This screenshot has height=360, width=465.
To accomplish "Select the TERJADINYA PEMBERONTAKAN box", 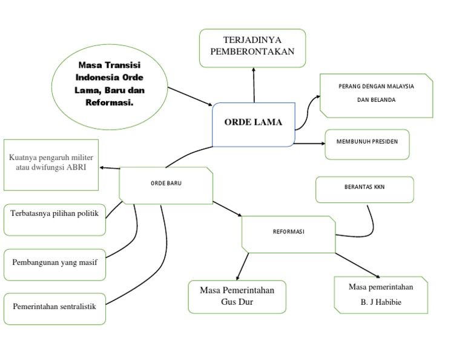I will pos(252,47).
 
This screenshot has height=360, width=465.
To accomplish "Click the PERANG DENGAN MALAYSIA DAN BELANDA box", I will pos(376,95).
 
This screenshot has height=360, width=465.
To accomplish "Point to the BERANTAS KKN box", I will pos(364,189).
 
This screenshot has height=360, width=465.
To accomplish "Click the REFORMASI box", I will pos(288,233).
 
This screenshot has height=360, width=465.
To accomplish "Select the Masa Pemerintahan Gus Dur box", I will pos(237,296).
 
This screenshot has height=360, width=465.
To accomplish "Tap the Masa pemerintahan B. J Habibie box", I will pos(381,295).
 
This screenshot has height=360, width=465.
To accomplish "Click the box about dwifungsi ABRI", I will pos(51,164).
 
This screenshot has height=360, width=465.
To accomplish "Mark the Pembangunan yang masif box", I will pos(54,264).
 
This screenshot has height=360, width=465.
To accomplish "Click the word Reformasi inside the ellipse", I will pos(110,103).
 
